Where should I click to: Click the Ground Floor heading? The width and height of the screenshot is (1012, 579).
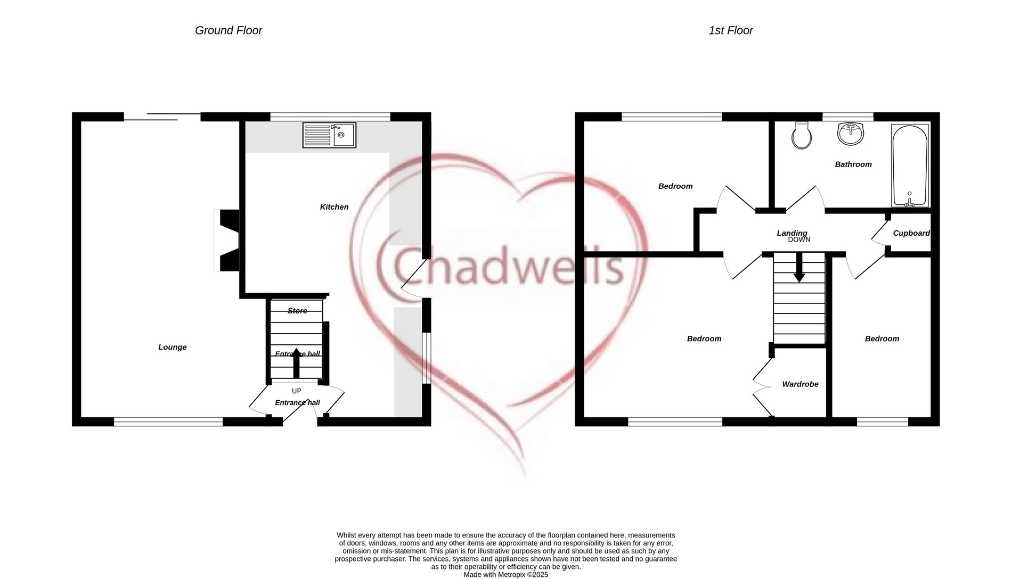pyautogui.click(x=228, y=30)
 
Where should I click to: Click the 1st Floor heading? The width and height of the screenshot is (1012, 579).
pyautogui.click(x=730, y=30)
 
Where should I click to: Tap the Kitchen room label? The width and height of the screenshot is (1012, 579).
pyautogui.click(x=334, y=207)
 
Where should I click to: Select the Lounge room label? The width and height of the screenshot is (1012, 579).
pyautogui.click(x=173, y=348)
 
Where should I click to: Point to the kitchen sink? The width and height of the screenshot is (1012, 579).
pyautogui.click(x=329, y=135)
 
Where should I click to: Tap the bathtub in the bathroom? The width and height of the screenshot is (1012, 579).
pyautogui.click(x=910, y=166)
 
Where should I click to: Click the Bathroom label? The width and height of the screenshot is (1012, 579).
pyautogui.click(x=853, y=164)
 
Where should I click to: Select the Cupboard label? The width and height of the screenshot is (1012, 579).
pyautogui.click(x=911, y=233)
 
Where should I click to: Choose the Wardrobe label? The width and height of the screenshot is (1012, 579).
pyautogui.click(x=800, y=384)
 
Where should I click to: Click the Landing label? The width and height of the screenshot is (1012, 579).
pyautogui.click(x=792, y=233)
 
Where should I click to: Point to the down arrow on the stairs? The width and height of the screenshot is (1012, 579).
pyautogui.click(x=799, y=268)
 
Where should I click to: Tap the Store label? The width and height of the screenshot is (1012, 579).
pyautogui.click(x=297, y=311)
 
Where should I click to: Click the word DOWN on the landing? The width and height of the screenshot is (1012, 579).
pyautogui.click(x=799, y=240)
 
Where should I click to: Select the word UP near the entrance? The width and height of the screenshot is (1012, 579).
pyautogui.click(x=296, y=391)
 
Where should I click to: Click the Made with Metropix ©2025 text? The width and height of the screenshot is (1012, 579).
pyautogui.click(x=505, y=575)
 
